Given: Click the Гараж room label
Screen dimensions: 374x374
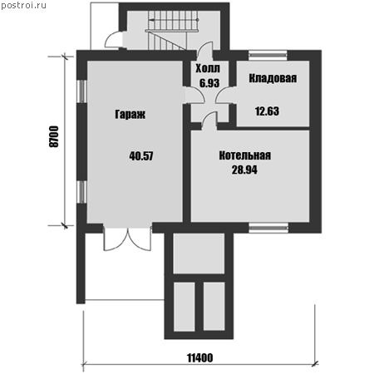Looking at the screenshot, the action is (x=130, y=114).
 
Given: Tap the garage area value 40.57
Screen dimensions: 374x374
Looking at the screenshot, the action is (x=141, y=156).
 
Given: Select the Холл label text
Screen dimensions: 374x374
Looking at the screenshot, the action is (x=208, y=68).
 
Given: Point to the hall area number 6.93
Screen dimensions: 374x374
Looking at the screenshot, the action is (x=209, y=83).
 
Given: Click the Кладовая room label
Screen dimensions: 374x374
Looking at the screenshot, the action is (x=273, y=78).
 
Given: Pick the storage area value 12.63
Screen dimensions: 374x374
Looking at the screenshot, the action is (x=267, y=111).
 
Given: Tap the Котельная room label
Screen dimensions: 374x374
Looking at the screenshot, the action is (x=245, y=155).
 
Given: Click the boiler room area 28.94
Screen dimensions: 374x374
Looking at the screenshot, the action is (x=244, y=170).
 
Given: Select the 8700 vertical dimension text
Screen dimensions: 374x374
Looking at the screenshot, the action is (x=54, y=136).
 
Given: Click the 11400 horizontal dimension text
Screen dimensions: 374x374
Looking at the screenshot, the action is (x=200, y=358).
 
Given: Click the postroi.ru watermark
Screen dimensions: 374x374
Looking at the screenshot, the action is (x=23, y=6).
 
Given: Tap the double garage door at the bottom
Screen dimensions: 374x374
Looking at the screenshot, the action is (x=127, y=239).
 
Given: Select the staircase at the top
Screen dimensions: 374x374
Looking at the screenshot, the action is (x=172, y=30).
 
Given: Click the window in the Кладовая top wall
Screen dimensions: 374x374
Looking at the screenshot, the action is (x=268, y=56).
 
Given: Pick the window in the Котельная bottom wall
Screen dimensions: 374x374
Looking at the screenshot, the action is (x=268, y=228).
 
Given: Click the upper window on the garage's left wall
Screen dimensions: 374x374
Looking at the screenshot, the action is (x=81, y=91).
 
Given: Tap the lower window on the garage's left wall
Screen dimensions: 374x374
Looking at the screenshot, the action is (x=81, y=192).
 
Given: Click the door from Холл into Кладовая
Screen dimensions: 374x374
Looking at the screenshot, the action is (x=224, y=95).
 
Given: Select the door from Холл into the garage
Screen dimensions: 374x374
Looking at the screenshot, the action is (x=195, y=95).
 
